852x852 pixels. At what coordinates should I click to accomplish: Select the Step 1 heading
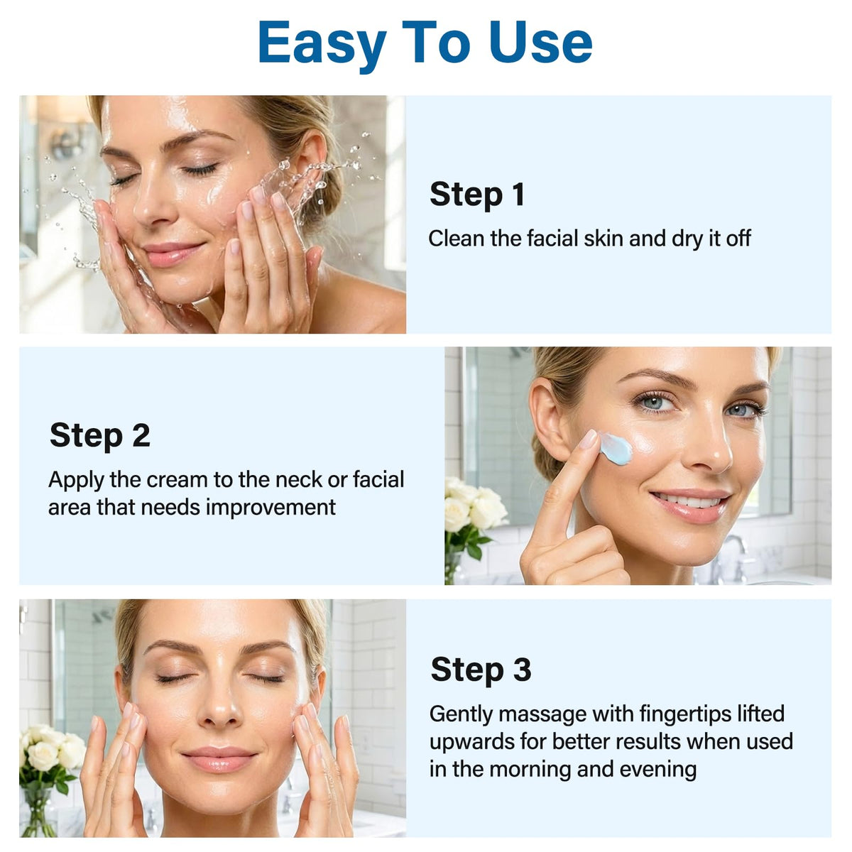477,194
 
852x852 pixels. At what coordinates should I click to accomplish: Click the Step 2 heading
100,435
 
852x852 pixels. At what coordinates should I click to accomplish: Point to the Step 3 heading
481,670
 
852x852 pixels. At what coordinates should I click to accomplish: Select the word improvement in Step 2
271,508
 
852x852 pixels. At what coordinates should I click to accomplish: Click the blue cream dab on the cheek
616,449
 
